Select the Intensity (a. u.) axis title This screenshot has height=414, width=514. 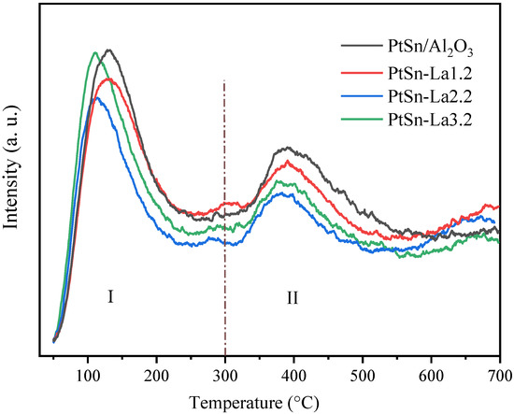tap(13, 178)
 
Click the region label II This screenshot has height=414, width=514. tap(292, 298)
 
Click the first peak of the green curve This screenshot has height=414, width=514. tap(95, 53)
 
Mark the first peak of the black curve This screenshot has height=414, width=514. tap(110, 50)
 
